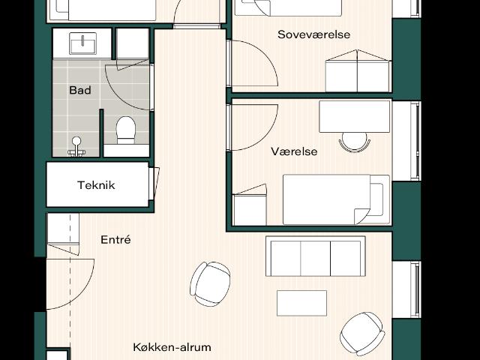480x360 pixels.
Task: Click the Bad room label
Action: point(80,91)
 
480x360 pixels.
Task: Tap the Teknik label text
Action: point(96,185)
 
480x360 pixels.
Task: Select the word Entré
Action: point(115,240)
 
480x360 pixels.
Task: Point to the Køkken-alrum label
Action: point(172,347)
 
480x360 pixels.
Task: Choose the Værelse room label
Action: point(294,151)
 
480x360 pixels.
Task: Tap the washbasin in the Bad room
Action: point(82,43)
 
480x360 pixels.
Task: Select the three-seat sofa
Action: point(315,257)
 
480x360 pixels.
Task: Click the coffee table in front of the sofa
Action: point(301,303)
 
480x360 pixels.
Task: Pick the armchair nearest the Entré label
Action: point(210,283)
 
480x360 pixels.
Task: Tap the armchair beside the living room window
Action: point(362,333)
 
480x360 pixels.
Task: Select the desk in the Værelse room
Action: point(355,116)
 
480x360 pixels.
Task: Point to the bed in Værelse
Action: point(335,199)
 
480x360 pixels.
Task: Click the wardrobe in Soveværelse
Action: point(358,72)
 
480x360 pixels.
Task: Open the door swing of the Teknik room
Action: point(154,183)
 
